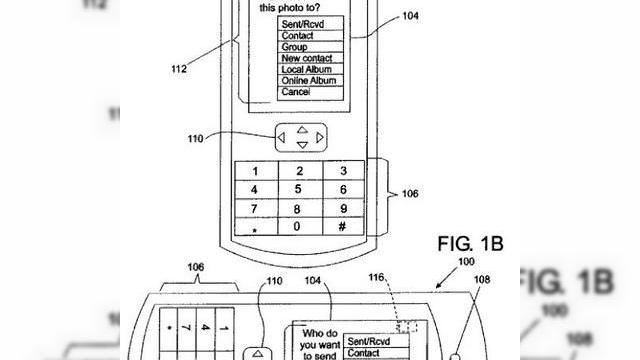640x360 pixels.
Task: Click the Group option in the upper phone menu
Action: (x=295, y=47)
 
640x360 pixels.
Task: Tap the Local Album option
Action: (x=307, y=69)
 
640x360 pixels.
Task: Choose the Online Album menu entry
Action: (x=309, y=80)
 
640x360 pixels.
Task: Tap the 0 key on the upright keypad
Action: (x=296, y=228)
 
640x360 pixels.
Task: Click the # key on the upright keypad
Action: (x=342, y=228)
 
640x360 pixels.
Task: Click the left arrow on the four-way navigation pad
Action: (x=282, y=137)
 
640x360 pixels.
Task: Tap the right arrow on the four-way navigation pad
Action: (x=318, y=137)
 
